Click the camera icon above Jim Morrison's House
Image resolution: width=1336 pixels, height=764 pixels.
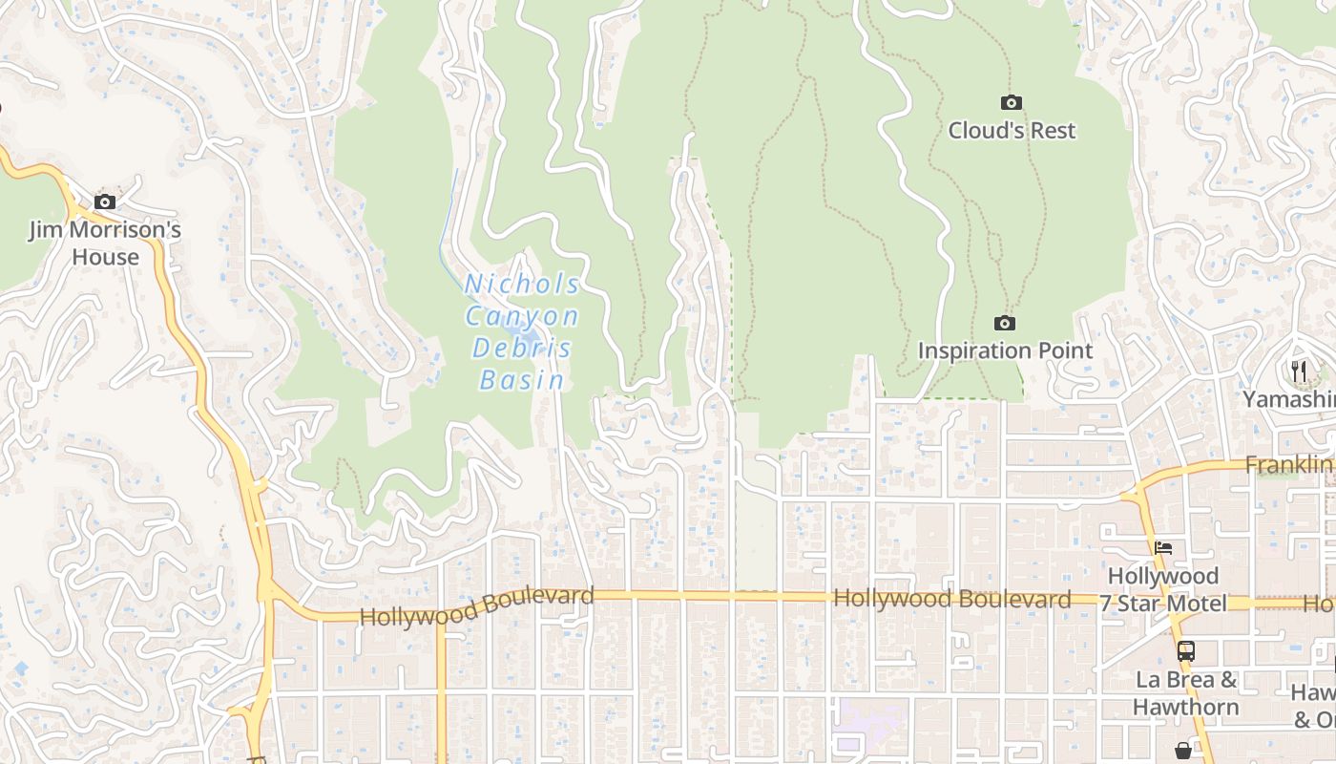(105, 202)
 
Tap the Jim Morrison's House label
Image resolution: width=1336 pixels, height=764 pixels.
(105, 244)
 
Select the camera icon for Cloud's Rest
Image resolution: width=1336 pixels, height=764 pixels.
(1012, 102)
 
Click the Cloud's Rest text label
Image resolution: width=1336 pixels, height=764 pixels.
(1012, 130)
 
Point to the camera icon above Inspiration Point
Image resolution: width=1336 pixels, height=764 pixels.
(1005, 323)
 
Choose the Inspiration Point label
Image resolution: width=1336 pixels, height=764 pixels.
(1005, 350)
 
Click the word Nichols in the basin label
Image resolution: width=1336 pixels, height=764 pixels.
(522, 285)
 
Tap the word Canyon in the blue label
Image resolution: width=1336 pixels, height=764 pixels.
(522, 316)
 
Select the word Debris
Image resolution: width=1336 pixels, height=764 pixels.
(522, 348)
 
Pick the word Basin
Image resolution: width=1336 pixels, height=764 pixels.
(522, 380)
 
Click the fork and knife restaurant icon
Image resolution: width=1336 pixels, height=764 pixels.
(1298, 371)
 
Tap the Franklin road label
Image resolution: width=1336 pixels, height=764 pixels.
(1288, 465)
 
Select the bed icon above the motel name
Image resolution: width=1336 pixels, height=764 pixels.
(1163, 548)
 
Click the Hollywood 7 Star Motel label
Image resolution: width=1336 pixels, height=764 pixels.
(1162, 589)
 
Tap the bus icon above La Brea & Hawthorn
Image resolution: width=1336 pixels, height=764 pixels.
(1185, 651)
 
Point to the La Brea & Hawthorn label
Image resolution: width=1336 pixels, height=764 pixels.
(1185, 693)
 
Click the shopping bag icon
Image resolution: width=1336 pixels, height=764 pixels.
(1183, 751)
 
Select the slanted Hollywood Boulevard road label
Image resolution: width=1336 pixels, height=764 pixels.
(476, 606)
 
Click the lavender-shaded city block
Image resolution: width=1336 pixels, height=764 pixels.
(868, 726)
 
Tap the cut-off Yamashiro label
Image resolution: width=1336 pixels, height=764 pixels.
(1288, 399)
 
